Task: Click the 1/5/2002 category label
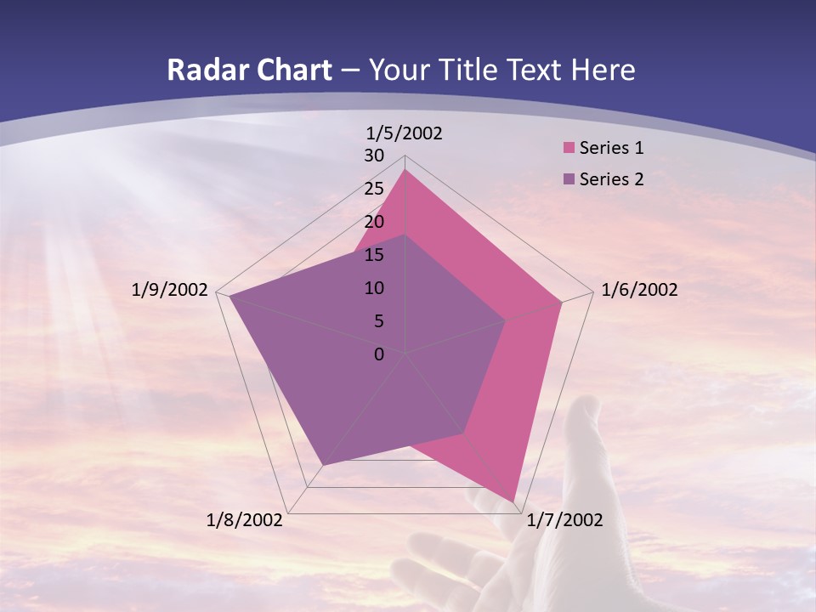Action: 405,133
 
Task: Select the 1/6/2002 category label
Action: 639,291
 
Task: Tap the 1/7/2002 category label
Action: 564,520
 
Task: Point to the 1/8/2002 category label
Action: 245,520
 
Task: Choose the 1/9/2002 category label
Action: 169,291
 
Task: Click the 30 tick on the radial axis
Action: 375,156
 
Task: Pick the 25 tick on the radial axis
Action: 375,189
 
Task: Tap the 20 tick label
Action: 375,222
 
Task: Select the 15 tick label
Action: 375,255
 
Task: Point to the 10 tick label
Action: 375,288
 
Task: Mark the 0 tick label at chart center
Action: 379,354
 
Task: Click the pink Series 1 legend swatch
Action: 569,149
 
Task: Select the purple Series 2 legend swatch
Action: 569,179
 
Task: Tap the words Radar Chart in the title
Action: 249,71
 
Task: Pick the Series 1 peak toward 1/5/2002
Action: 405,171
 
